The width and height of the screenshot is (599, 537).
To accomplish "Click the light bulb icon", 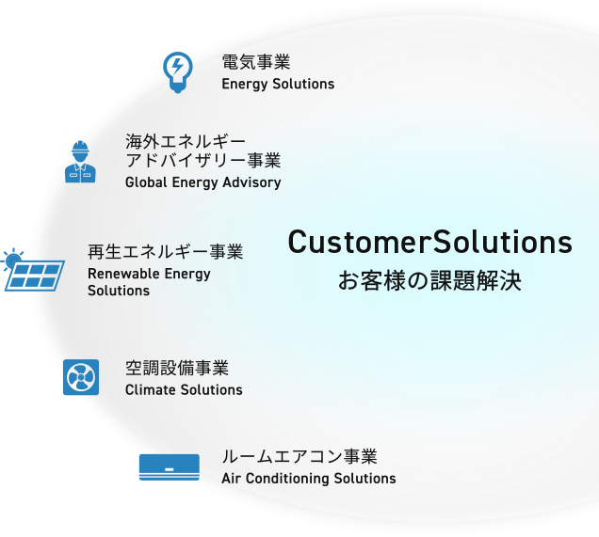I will point(177,71).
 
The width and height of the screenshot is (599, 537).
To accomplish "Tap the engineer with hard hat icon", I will point(80,163).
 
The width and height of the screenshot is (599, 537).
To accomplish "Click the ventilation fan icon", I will point(80,377).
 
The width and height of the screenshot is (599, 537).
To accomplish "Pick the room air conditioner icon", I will point(170,466).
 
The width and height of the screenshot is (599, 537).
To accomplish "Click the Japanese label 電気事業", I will point(255,63).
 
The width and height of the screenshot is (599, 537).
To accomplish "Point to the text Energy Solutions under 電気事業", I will point(278,84).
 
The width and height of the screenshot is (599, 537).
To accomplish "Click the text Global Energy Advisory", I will point(202,182).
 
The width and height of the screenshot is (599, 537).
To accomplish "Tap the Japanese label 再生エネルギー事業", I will point(165,252).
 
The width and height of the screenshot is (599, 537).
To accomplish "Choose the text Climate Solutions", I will point(184,389).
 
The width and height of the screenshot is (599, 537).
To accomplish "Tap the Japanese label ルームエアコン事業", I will point(299,457).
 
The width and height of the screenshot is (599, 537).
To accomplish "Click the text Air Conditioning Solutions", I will point(309,479).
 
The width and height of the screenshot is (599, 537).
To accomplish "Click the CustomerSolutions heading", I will point(429,243).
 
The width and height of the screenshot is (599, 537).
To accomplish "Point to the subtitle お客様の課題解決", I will point(429,281).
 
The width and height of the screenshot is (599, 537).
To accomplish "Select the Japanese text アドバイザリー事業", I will point(202,161).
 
